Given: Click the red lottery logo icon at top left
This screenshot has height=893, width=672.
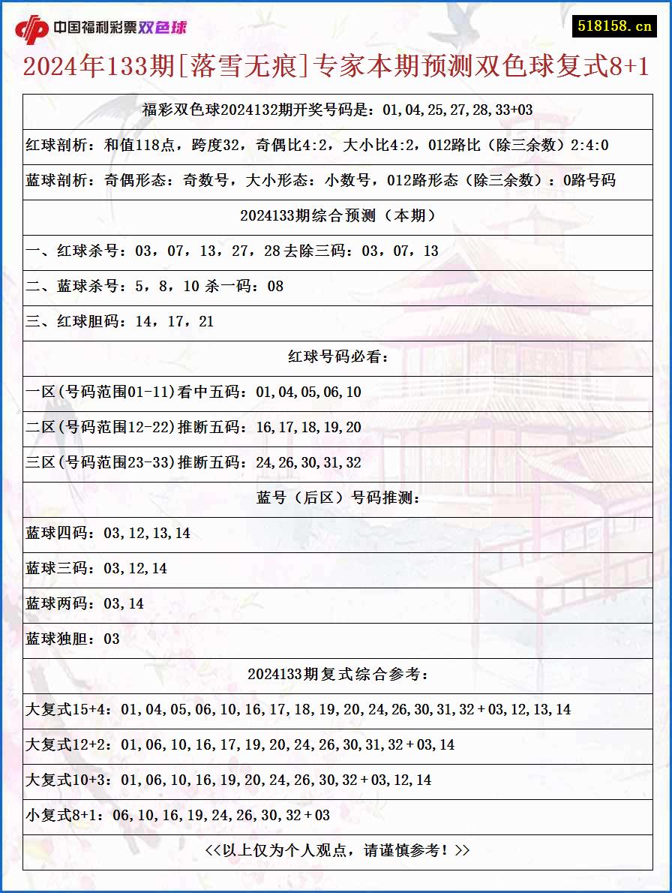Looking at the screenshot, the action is pyautogui.click(x=31, y=29).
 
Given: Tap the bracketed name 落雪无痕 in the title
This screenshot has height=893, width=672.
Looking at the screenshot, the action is pyautogui.click(x=244, y=67).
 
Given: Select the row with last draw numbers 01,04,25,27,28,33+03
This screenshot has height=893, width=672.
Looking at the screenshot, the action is pyautogui.click(x=337, y=110).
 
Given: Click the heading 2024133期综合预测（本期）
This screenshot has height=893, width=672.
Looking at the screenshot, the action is pyautogui.click(x=337, y=215).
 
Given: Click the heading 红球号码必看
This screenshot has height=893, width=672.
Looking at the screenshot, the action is pyautogui.click(x=337, y=356).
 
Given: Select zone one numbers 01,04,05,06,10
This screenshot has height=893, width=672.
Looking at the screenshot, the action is pyautogui.click(x=308, y=392).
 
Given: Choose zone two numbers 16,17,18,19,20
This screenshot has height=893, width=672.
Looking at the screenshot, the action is pyautogui.click(x=308, y=427).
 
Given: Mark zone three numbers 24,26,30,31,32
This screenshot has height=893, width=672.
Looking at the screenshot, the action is pyautogui.click(x=308, y=462).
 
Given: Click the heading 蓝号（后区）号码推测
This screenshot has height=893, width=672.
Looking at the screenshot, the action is pyautogui.click(x=337, y=498).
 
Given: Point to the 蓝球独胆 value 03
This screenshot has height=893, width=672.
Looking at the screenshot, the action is pyautogui.click(x=112, y=639).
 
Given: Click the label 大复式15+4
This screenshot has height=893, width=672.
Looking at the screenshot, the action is pyautogui.click(x=69, y=709).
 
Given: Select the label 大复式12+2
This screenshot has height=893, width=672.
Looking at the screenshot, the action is pyautogui.click(x=69, y=744).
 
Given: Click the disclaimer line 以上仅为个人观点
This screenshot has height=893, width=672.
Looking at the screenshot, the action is pyautogui.click(x=337, y=850).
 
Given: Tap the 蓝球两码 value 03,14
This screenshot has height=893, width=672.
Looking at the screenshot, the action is pyautogui.click(x=124, y=603).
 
